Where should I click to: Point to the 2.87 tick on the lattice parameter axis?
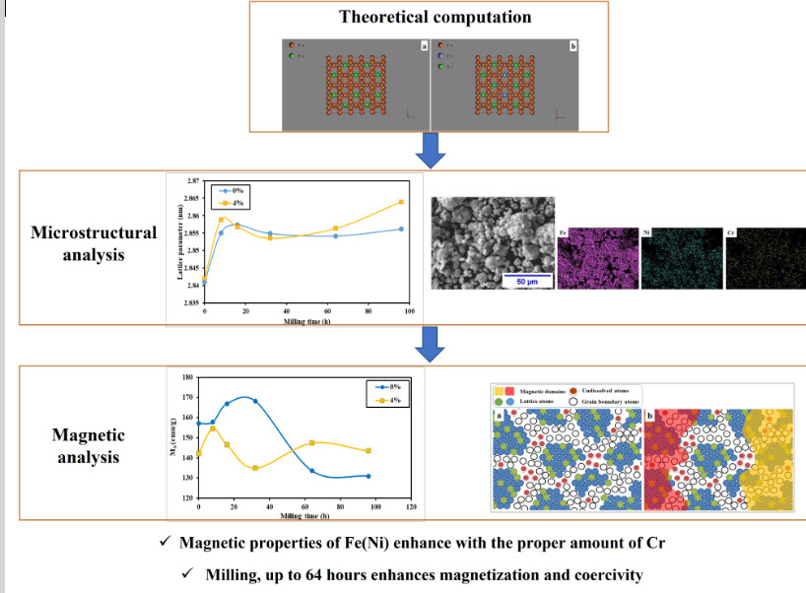[x=193, y=182]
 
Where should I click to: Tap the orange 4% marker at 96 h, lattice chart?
[x=401, y=202]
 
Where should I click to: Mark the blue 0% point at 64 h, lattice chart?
[x=336, y=236]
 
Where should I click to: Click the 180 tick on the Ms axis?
[x=188, y=377]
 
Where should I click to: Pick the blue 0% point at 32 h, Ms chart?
[x=255, y=401]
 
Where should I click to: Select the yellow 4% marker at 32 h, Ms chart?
[x=255, y=468]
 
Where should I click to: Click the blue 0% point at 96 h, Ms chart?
[x=368, y=477]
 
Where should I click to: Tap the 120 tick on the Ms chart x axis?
[x=410, y=508]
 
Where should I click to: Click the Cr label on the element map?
[x=730, y=234]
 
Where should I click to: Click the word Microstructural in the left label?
[x=94, y=233]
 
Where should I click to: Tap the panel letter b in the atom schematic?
[x=649, y=415]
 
